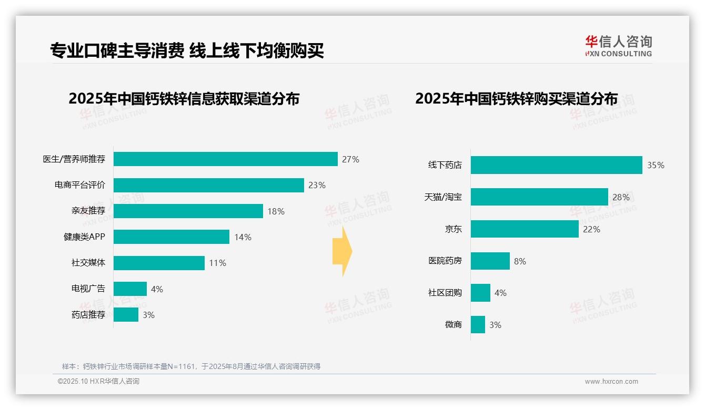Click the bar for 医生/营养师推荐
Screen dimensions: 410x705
225,159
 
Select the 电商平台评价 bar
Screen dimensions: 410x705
208,185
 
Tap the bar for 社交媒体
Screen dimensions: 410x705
159,263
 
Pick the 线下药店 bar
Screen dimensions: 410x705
556,165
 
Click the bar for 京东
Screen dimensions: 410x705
525,229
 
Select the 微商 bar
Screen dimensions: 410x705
478,325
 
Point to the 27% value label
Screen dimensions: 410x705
350,159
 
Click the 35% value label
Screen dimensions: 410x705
656,165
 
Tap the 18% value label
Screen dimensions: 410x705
276,211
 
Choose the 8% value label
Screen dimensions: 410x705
520,261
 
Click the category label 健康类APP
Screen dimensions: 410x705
84,237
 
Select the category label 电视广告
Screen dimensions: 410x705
88,289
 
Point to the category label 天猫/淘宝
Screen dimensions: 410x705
443,197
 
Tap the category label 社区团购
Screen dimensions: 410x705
445,293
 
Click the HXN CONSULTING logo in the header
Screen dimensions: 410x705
618,46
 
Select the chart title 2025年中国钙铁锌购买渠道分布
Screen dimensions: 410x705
516,99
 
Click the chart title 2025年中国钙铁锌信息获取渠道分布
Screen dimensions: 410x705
184,99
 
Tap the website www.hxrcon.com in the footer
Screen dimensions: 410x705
611,382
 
